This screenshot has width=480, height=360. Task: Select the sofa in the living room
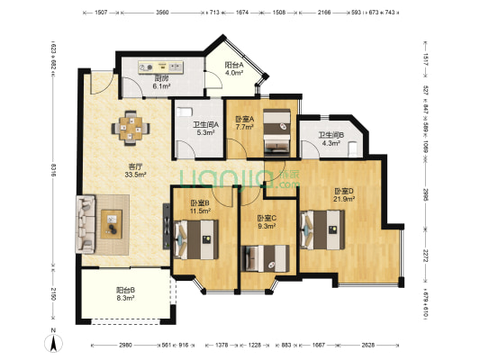[87, 223]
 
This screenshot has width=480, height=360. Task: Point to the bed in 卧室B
[197, 238]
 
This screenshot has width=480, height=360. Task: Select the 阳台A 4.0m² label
[235, 70]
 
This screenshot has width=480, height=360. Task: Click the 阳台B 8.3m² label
[125, 293]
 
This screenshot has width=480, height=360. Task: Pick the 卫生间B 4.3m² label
[330, 140]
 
